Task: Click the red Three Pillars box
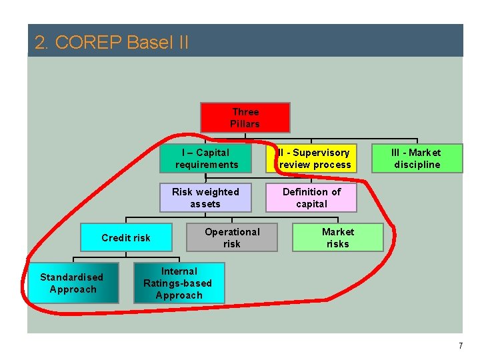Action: coord(245,118)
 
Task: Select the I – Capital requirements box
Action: coord(206,159)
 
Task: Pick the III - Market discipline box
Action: coord(417,159)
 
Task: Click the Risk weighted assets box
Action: coord(205,198)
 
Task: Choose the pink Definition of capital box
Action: coord(311,198)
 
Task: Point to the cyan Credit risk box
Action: coord(125,238)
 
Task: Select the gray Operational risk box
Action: coord(231,238)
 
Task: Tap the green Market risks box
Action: coord(337,238)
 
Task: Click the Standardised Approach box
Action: coord(73,283)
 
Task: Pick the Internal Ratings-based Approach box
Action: coord(178,283)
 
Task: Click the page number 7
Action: coord(460,346)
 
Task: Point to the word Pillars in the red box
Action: coord(245,124)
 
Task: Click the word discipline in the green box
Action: coord(417,165)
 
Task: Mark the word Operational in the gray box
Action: coord(232,232)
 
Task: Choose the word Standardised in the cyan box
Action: coord(72,277)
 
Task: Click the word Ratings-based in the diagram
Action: coord(177,283)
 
